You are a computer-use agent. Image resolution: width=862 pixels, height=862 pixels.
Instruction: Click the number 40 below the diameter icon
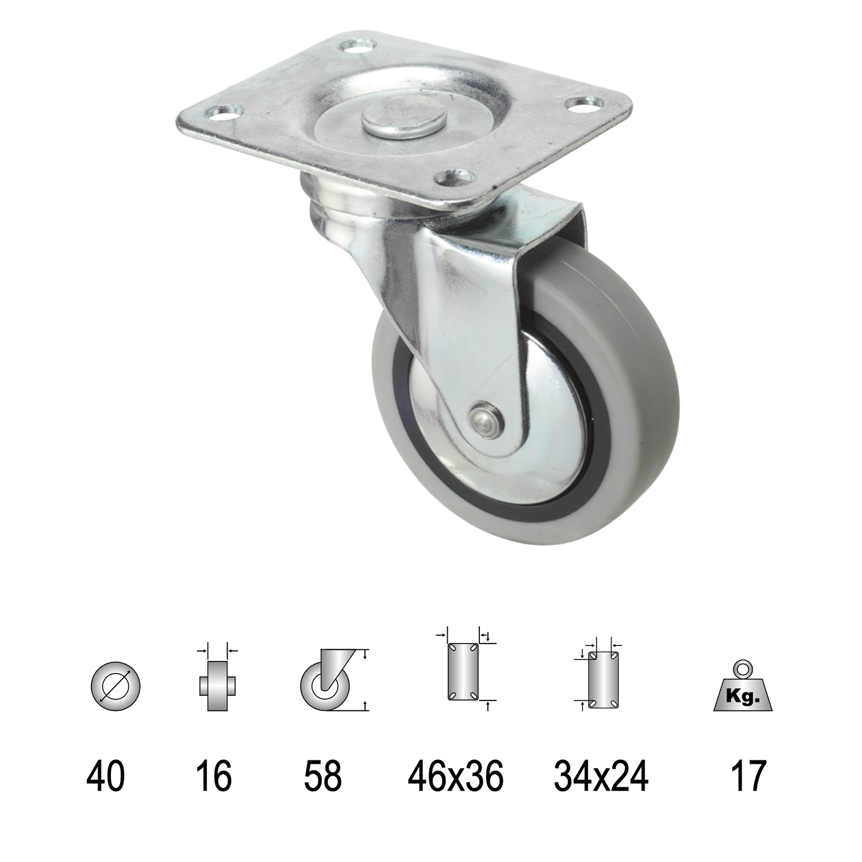106,775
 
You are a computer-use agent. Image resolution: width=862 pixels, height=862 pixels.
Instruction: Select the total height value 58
323,775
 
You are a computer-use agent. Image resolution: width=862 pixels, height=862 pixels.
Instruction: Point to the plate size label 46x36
456,775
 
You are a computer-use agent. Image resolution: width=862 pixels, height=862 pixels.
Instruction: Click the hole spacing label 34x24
601,775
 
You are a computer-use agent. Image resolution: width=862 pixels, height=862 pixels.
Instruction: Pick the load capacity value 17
748,775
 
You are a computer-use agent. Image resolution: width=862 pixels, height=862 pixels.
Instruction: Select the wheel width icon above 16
217,684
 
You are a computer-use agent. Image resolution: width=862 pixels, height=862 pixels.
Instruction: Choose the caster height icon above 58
326,681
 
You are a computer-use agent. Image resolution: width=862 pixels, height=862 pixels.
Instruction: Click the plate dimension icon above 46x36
463,671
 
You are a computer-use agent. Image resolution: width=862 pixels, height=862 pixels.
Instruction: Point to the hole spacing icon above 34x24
602,679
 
